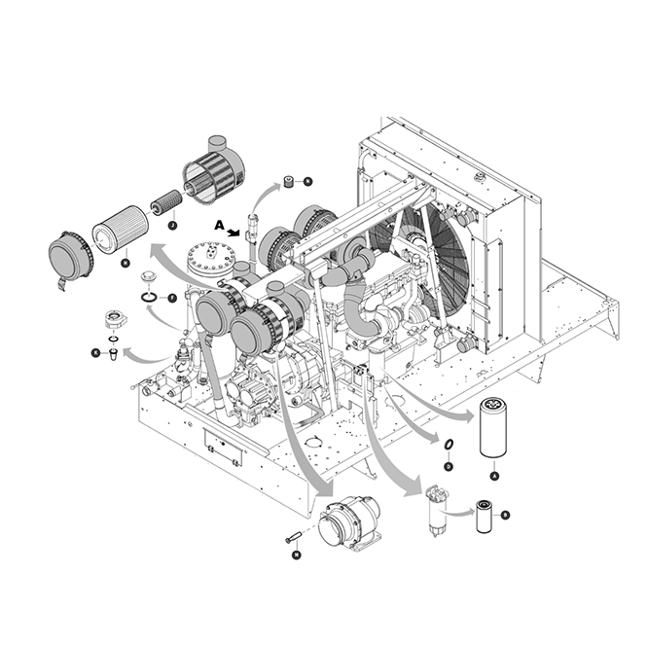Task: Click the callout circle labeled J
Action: pyautogui.click(x=172, y=225)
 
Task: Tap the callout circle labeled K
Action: pyautogui.click(x=95, y=352)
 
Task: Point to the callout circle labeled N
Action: pyautogui.click(x=307, y=181)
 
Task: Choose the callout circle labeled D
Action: pyautogui.click(x=448, y=466)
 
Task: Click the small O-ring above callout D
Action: pyautogui.click(x=447, y=446)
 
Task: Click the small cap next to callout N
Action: pyautogui.click(x=289, y=181)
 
